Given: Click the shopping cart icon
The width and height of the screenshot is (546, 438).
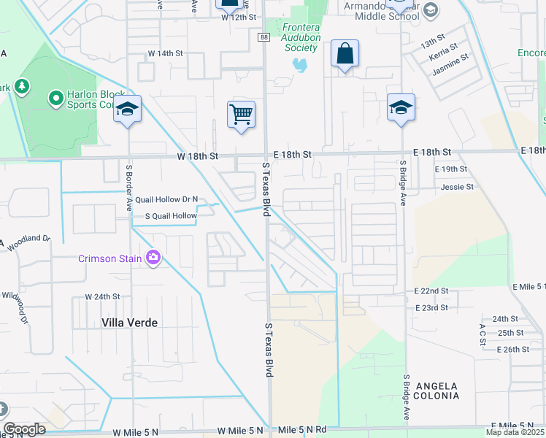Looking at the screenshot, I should (x=241, y=114).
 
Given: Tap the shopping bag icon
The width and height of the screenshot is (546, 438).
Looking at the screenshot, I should (x=345, y=53).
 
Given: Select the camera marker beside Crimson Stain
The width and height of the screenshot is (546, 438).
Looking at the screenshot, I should (x=153, y=258).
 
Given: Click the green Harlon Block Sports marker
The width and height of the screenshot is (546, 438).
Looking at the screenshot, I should (x=55, y=97).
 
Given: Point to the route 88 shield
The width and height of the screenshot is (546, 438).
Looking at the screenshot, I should (x=263, y=36).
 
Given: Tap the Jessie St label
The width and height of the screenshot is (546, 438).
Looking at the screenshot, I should (x=457, y=187).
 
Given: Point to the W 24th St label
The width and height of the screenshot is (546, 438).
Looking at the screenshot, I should (x=101, y=297).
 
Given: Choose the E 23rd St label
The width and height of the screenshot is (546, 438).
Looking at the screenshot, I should (x=431, y=308).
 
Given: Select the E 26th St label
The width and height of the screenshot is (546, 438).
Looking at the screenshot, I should (x=512, y=350).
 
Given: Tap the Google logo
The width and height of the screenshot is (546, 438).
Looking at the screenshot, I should (x=25, y=429).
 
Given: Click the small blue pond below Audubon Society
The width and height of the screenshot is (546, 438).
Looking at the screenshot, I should (x=299, y=65).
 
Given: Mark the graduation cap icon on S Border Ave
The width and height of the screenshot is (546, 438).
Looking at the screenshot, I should (x=127, y=109).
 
